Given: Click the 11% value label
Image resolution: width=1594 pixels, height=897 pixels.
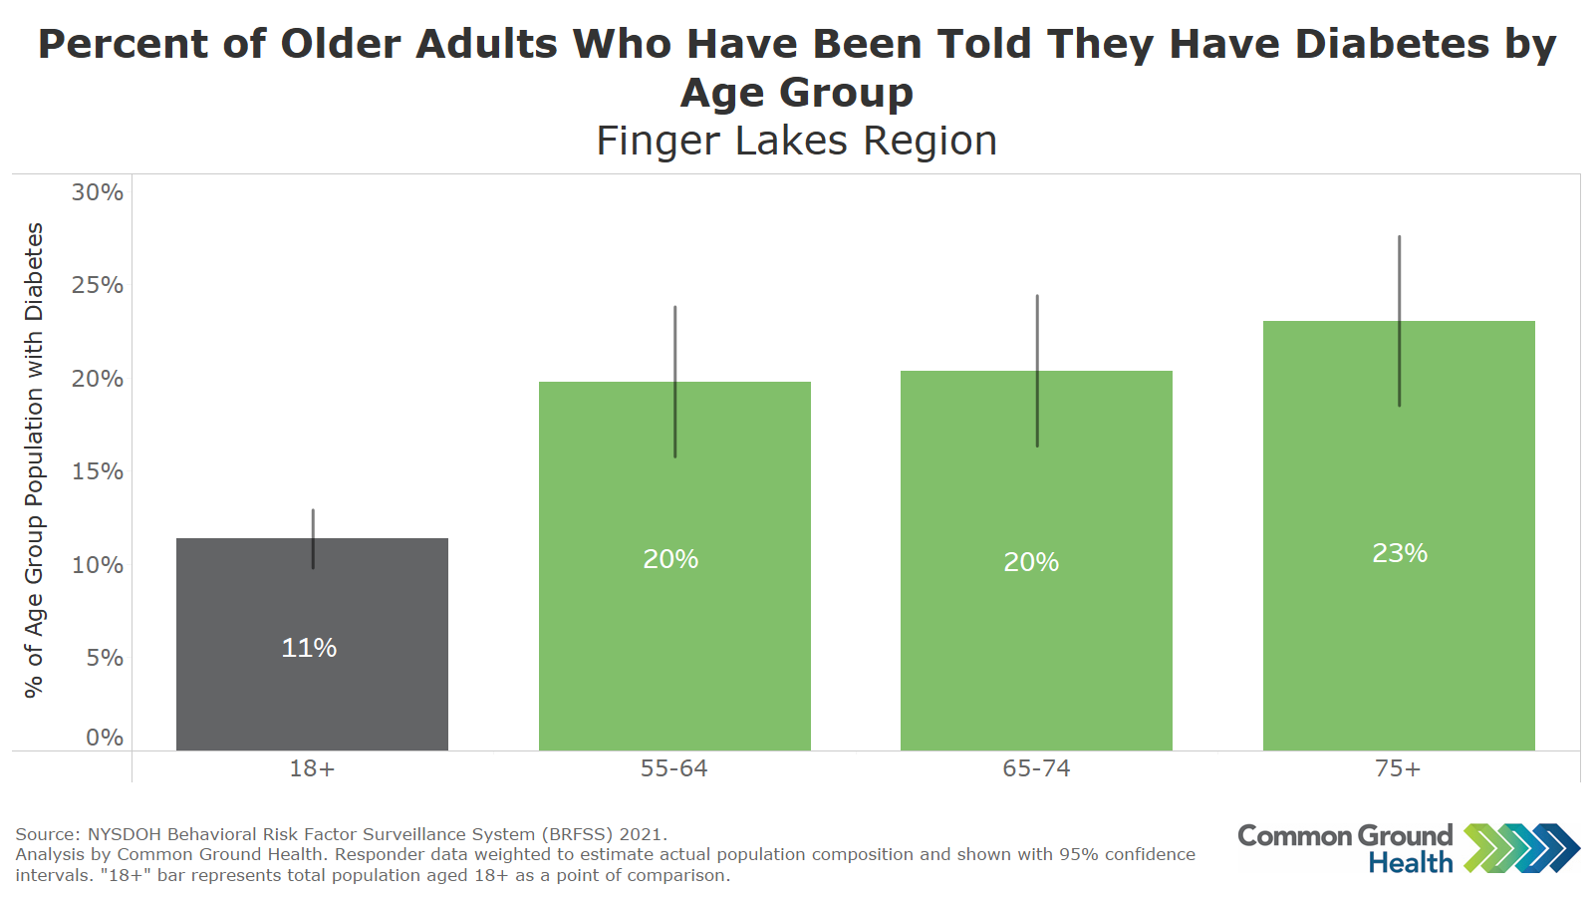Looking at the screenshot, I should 309,648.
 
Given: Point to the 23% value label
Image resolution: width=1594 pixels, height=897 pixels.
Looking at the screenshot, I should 1400,553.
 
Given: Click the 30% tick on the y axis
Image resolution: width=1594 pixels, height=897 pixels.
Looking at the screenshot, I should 98,192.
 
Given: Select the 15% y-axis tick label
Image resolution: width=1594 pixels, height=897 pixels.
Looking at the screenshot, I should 98,471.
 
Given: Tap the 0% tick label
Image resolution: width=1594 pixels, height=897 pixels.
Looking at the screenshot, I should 105,738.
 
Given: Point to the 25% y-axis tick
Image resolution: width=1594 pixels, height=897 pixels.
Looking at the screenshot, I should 98,285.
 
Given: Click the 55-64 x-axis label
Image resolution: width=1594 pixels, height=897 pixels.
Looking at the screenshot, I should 674,768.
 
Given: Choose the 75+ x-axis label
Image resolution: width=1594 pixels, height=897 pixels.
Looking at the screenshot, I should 1398,768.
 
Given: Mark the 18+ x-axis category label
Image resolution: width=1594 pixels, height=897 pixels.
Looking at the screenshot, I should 312,768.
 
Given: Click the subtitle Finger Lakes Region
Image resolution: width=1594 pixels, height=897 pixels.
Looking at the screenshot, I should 797,141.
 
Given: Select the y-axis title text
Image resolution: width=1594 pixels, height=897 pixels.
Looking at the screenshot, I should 34,459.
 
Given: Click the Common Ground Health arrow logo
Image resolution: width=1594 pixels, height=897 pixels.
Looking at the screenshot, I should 1521,848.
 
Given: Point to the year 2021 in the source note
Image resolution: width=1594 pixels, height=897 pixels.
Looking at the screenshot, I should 643,834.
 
